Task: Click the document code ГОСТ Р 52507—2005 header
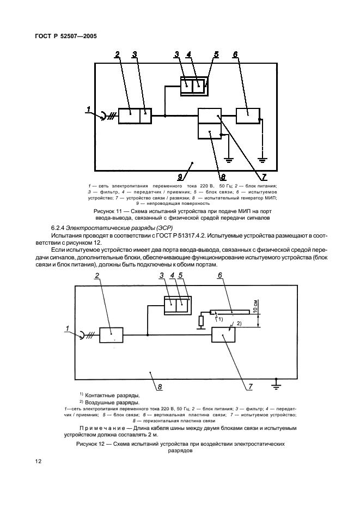click(66, 37)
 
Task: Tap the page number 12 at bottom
click(38, 461)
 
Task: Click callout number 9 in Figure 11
click(180, 177)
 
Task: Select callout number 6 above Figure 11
click(235, 54)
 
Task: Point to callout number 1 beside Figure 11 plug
click(88, 110)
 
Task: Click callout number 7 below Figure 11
click(264, 177)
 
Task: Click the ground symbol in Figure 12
click(276, 385)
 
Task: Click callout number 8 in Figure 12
click(160, 387)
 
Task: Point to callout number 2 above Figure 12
click(96, 276)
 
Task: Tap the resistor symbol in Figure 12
click(202, 321)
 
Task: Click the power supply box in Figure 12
click(111, 335)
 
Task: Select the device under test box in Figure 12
click(224, 335)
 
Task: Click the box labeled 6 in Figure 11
click(248, 116)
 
